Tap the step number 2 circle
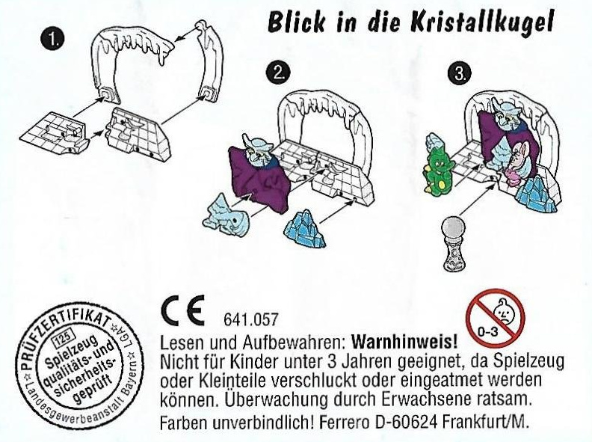[x=278, y=73]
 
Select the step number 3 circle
[x=459, y=73]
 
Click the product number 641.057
[x=250, y=319]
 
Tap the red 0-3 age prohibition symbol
[x=496, y=317]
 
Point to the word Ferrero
[x=342, y=421]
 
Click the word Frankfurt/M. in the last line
[x=484, y=421]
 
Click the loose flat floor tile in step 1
[x=54, y=133]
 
